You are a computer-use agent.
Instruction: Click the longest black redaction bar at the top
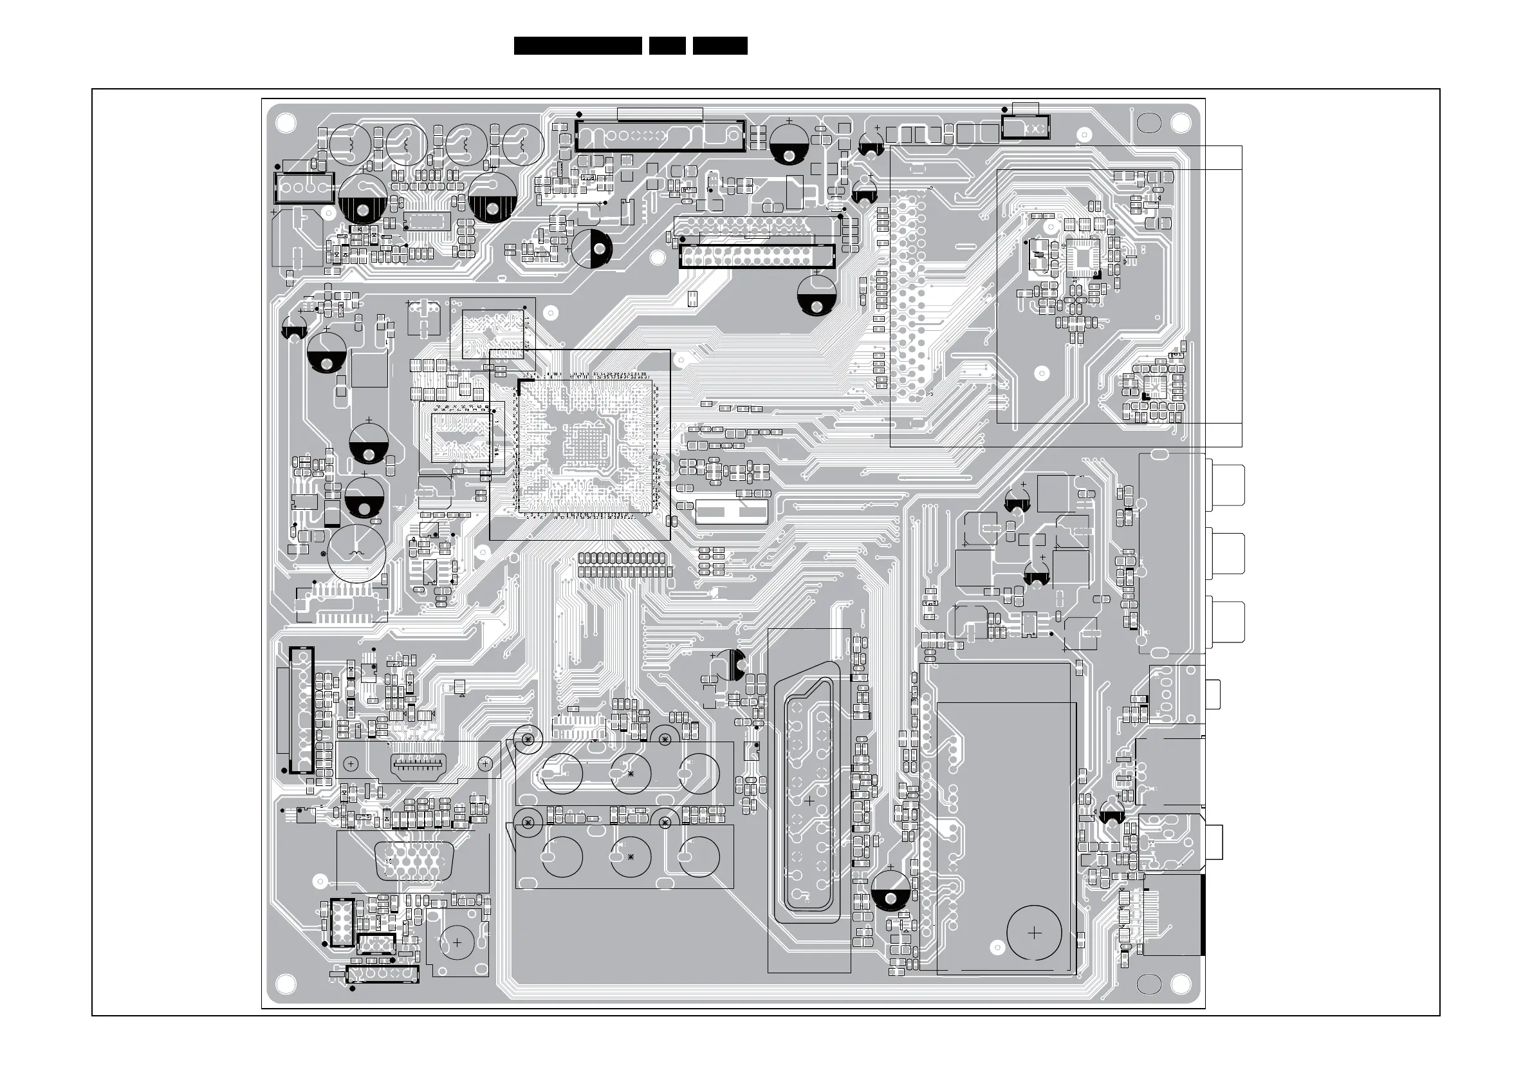click(x=578, y=46)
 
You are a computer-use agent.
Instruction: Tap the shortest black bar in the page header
click(x=667, y=46)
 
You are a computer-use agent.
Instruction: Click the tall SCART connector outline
click(x=809, y=801)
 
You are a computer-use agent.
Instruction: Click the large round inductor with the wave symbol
click(x=356, y=554)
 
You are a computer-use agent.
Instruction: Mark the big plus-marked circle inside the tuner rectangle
click(x=1033, y=933)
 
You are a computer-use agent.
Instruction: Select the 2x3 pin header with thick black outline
click(x=341, y=922)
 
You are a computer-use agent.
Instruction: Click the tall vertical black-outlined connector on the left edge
click(x=301, y=709)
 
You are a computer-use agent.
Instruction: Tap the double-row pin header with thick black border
click(x=757, y=256)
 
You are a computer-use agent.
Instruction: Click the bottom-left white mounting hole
click(x=286, y=983)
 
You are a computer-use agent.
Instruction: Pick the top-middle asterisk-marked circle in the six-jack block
click(x=631, y=773)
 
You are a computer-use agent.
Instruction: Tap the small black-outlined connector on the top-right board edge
click(x=1026, y=127)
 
